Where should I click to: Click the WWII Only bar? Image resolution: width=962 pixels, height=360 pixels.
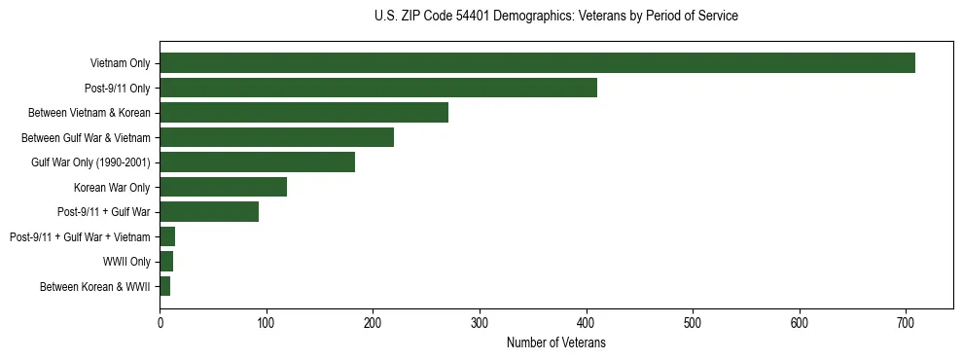[x=166, y=262]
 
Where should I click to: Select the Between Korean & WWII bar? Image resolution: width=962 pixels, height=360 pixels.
[x=164, y=286]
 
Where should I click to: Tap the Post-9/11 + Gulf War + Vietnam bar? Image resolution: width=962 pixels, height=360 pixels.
[x=167, y=236]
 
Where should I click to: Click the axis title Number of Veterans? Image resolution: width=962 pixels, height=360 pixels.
[x=555, y=343]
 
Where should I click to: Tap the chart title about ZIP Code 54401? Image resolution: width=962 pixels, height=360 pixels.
[x=555, y=16]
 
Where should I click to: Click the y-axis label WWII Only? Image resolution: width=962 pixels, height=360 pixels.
[x=125, y=262]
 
